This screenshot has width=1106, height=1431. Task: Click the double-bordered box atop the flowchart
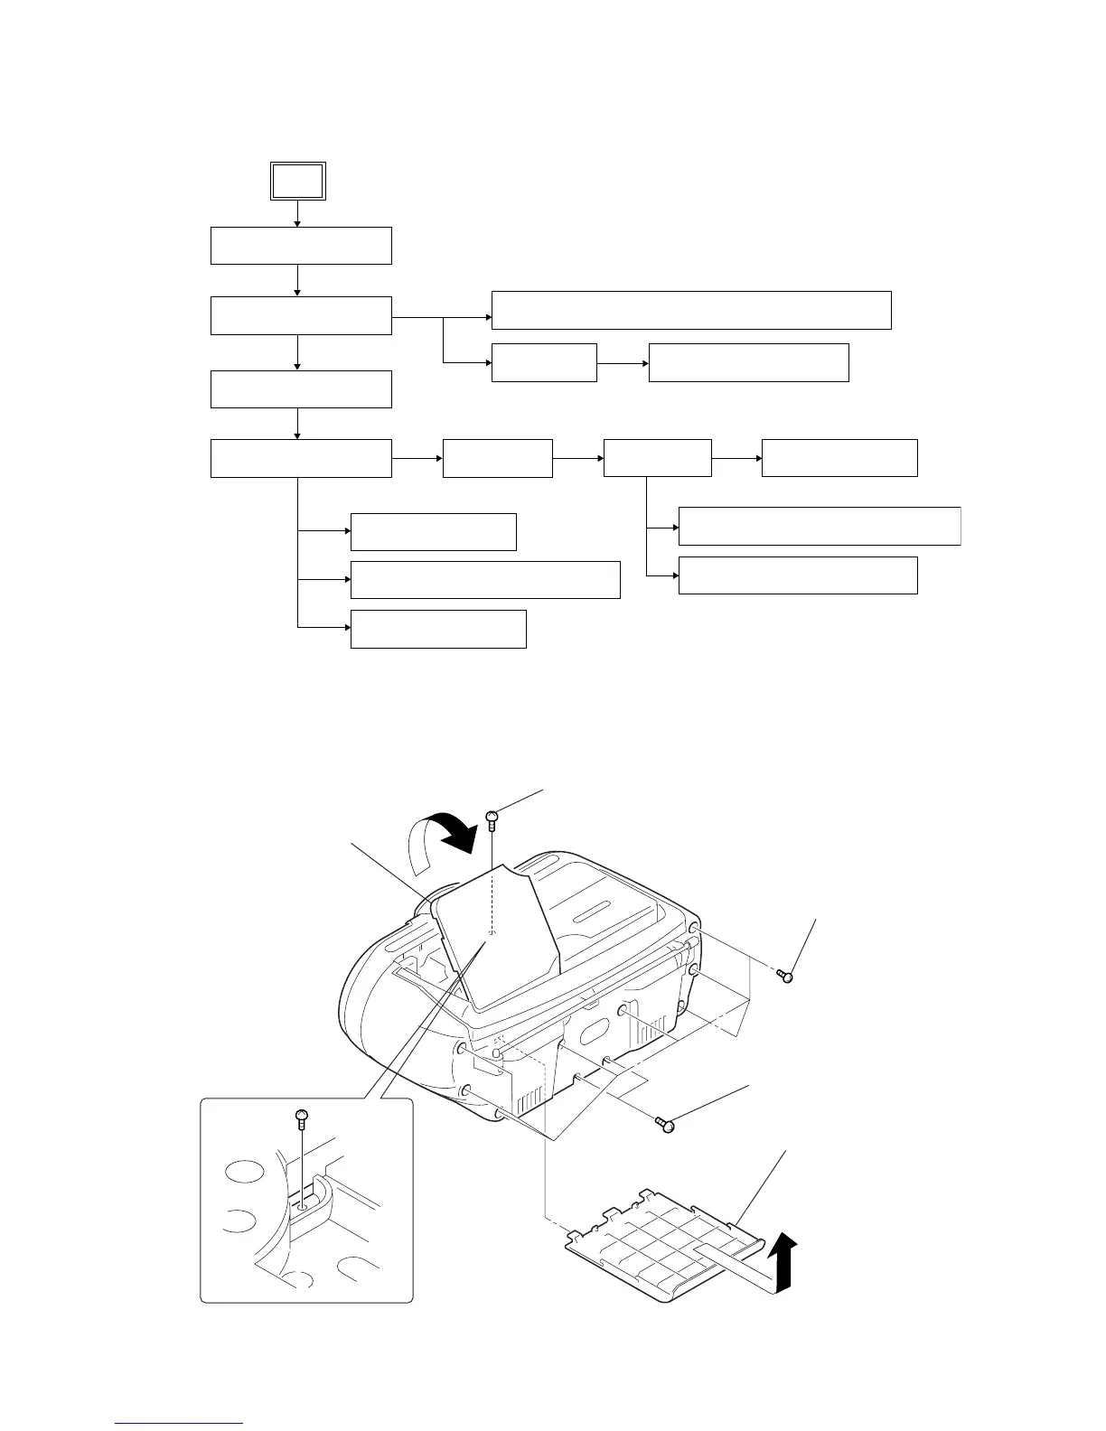pos(298,181)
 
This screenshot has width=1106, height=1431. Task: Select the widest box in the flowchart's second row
pos(691,310)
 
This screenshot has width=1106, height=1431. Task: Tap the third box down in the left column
pos(301,388)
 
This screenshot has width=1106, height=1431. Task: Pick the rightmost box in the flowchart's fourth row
pos(839,458)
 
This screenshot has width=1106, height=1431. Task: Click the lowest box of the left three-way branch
pos(438,629)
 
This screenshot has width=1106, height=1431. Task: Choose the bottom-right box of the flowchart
pos(798,575)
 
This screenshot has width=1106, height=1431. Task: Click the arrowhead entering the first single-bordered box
pos(297,222)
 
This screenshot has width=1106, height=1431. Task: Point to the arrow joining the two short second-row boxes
pos(623,363)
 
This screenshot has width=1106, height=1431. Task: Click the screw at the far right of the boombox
pos(786,976)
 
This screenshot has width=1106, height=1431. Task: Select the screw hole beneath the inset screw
pos(304,1205)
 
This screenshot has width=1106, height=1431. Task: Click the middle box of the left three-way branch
pos(485,579)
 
